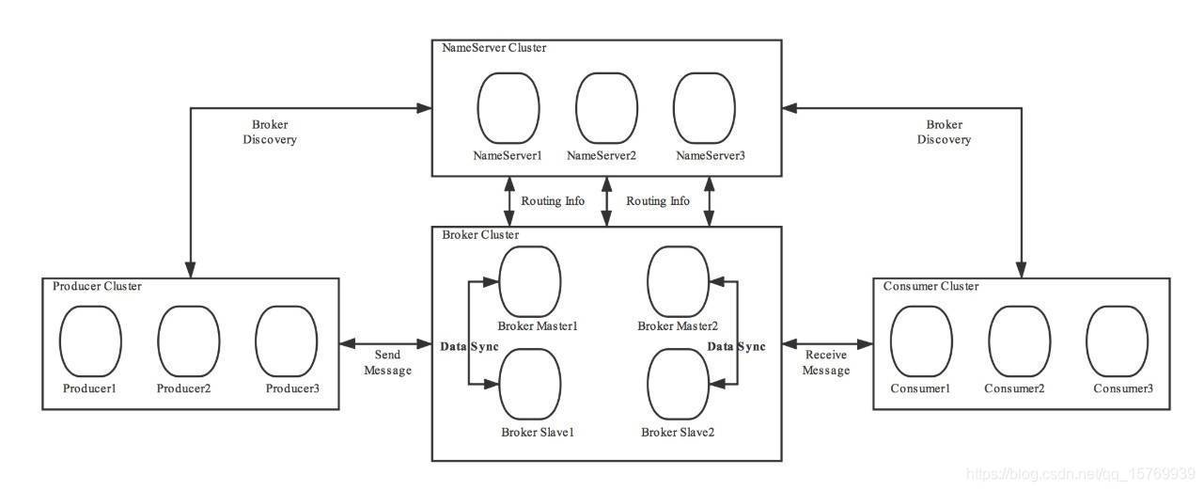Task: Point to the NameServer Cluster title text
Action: click(494, 48)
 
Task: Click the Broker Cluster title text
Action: click(480, 235)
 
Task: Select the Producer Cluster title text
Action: click(98, 286)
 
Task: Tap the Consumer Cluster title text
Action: click(930, 286)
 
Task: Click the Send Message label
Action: click(387, 362)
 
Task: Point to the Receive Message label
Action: click(826, 362)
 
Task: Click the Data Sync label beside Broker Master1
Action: click(469, 346)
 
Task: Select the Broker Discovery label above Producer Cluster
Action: click(270, 132)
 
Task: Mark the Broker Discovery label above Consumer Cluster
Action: click(944, 132)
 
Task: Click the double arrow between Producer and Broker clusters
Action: click(386, 343)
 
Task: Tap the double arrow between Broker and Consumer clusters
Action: click(828, 343)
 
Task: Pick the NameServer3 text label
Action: click(711, 156)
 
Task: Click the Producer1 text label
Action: click(89, 388)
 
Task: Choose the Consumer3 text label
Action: click(1123, 388)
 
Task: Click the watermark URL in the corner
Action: click(1080, 474)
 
